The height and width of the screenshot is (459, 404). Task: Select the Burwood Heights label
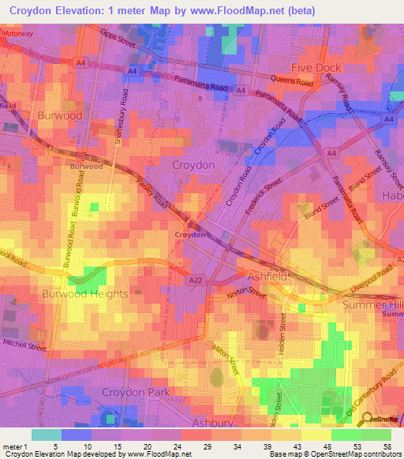tap(85, 293)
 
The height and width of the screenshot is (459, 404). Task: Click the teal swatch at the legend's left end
tap(47, 434)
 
